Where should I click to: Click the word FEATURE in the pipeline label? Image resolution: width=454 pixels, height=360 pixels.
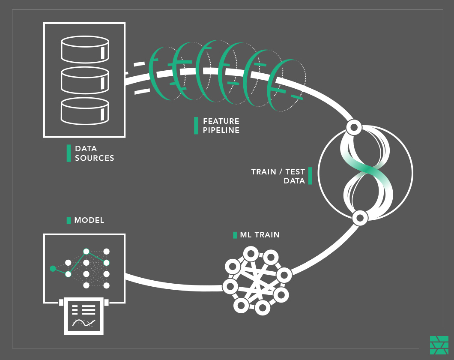coord(221,121)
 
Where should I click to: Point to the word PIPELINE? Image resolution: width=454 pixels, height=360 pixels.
coord(221,130)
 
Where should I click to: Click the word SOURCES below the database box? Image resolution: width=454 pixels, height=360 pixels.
coord(95,158)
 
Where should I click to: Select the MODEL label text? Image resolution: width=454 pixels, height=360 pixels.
coord(89,220)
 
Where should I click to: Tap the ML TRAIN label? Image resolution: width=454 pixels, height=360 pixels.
coord(260,235)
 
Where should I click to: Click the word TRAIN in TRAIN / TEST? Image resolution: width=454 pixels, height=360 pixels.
coord(264,172)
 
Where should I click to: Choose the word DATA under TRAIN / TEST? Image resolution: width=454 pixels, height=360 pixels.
coord(294,181)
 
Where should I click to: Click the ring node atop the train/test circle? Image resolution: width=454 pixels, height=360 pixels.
coord(354,127)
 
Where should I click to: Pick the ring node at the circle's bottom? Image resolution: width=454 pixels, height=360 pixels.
coord(360,218)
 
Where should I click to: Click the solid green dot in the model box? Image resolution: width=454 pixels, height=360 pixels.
coord(53,269)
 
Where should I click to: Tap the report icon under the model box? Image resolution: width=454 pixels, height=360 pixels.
coord(84,316)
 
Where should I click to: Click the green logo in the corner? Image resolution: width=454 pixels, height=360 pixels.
coord(439,345)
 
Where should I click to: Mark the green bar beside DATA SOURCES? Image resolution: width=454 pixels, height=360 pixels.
coord(69,153)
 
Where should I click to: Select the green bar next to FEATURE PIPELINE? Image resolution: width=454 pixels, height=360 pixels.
coord(196,126)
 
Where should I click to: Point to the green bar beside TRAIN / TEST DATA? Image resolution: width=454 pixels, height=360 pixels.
coord(310,176)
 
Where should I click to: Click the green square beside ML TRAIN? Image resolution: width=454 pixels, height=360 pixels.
coord(235,235)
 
